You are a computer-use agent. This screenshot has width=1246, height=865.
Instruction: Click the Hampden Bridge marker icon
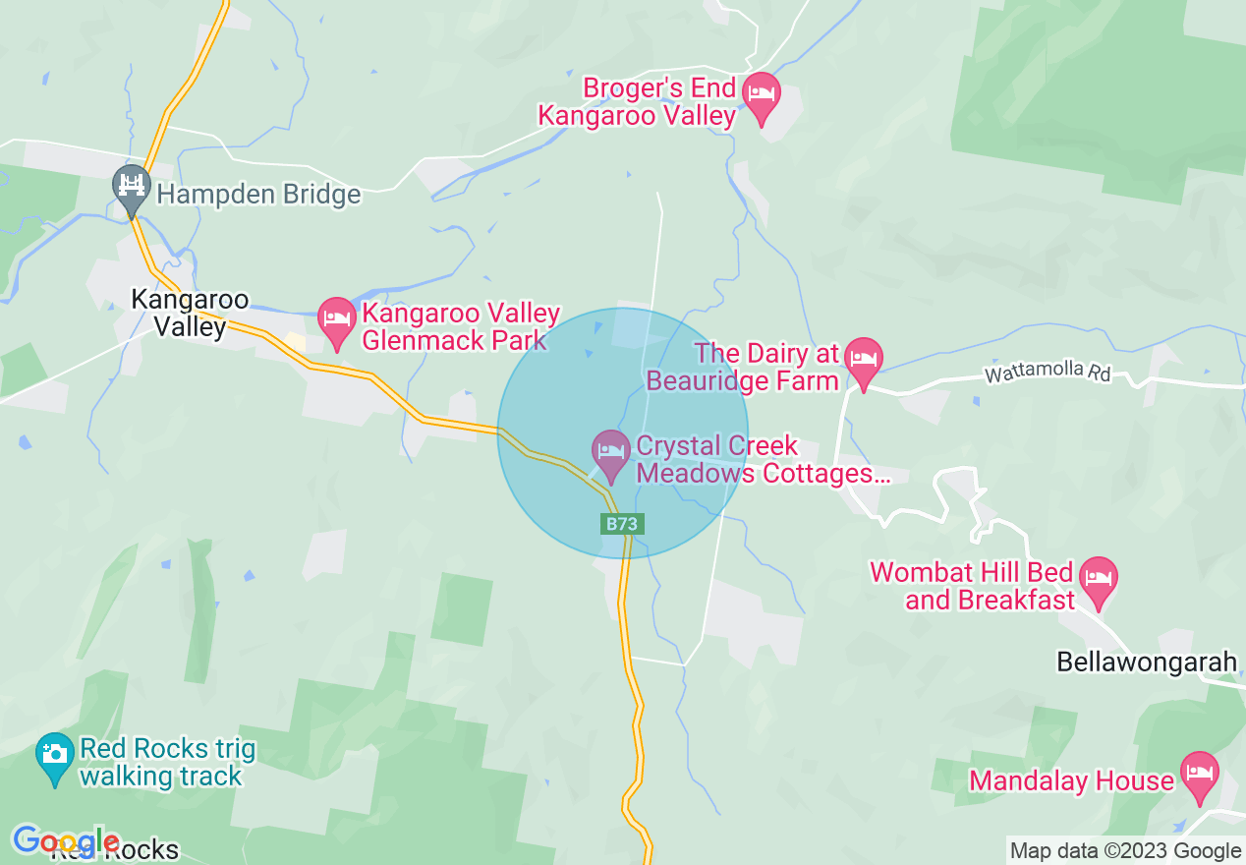tap(130, 184)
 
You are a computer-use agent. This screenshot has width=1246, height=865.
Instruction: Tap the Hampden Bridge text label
tap(258, 195)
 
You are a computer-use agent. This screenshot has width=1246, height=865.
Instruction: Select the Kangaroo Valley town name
tap(191, 313)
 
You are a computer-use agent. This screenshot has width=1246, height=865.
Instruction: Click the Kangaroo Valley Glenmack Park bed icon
tap(337, 319)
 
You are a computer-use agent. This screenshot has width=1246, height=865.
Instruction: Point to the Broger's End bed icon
tap(762, 94)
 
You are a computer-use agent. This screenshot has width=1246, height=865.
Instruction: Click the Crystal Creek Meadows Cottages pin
tap(611, 452)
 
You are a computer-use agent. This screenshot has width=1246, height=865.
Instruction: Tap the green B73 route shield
tap(622, 524)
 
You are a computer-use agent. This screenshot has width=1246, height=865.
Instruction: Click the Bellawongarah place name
tap(1146, 662)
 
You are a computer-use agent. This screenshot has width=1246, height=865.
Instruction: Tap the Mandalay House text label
tap(1071, 780)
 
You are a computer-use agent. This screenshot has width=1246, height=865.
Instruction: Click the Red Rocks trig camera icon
tap(55, 755)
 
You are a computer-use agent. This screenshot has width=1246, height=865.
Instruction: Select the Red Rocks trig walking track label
tap(167, 763)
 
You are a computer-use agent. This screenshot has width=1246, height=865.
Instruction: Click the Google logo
tap(67, 841)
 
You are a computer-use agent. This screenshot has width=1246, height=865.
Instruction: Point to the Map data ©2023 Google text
tap(1125, 851)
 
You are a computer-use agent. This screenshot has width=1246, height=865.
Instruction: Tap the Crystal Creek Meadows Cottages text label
tap(762, 459)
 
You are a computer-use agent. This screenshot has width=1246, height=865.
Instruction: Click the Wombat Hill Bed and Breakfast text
tap(973, 586)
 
